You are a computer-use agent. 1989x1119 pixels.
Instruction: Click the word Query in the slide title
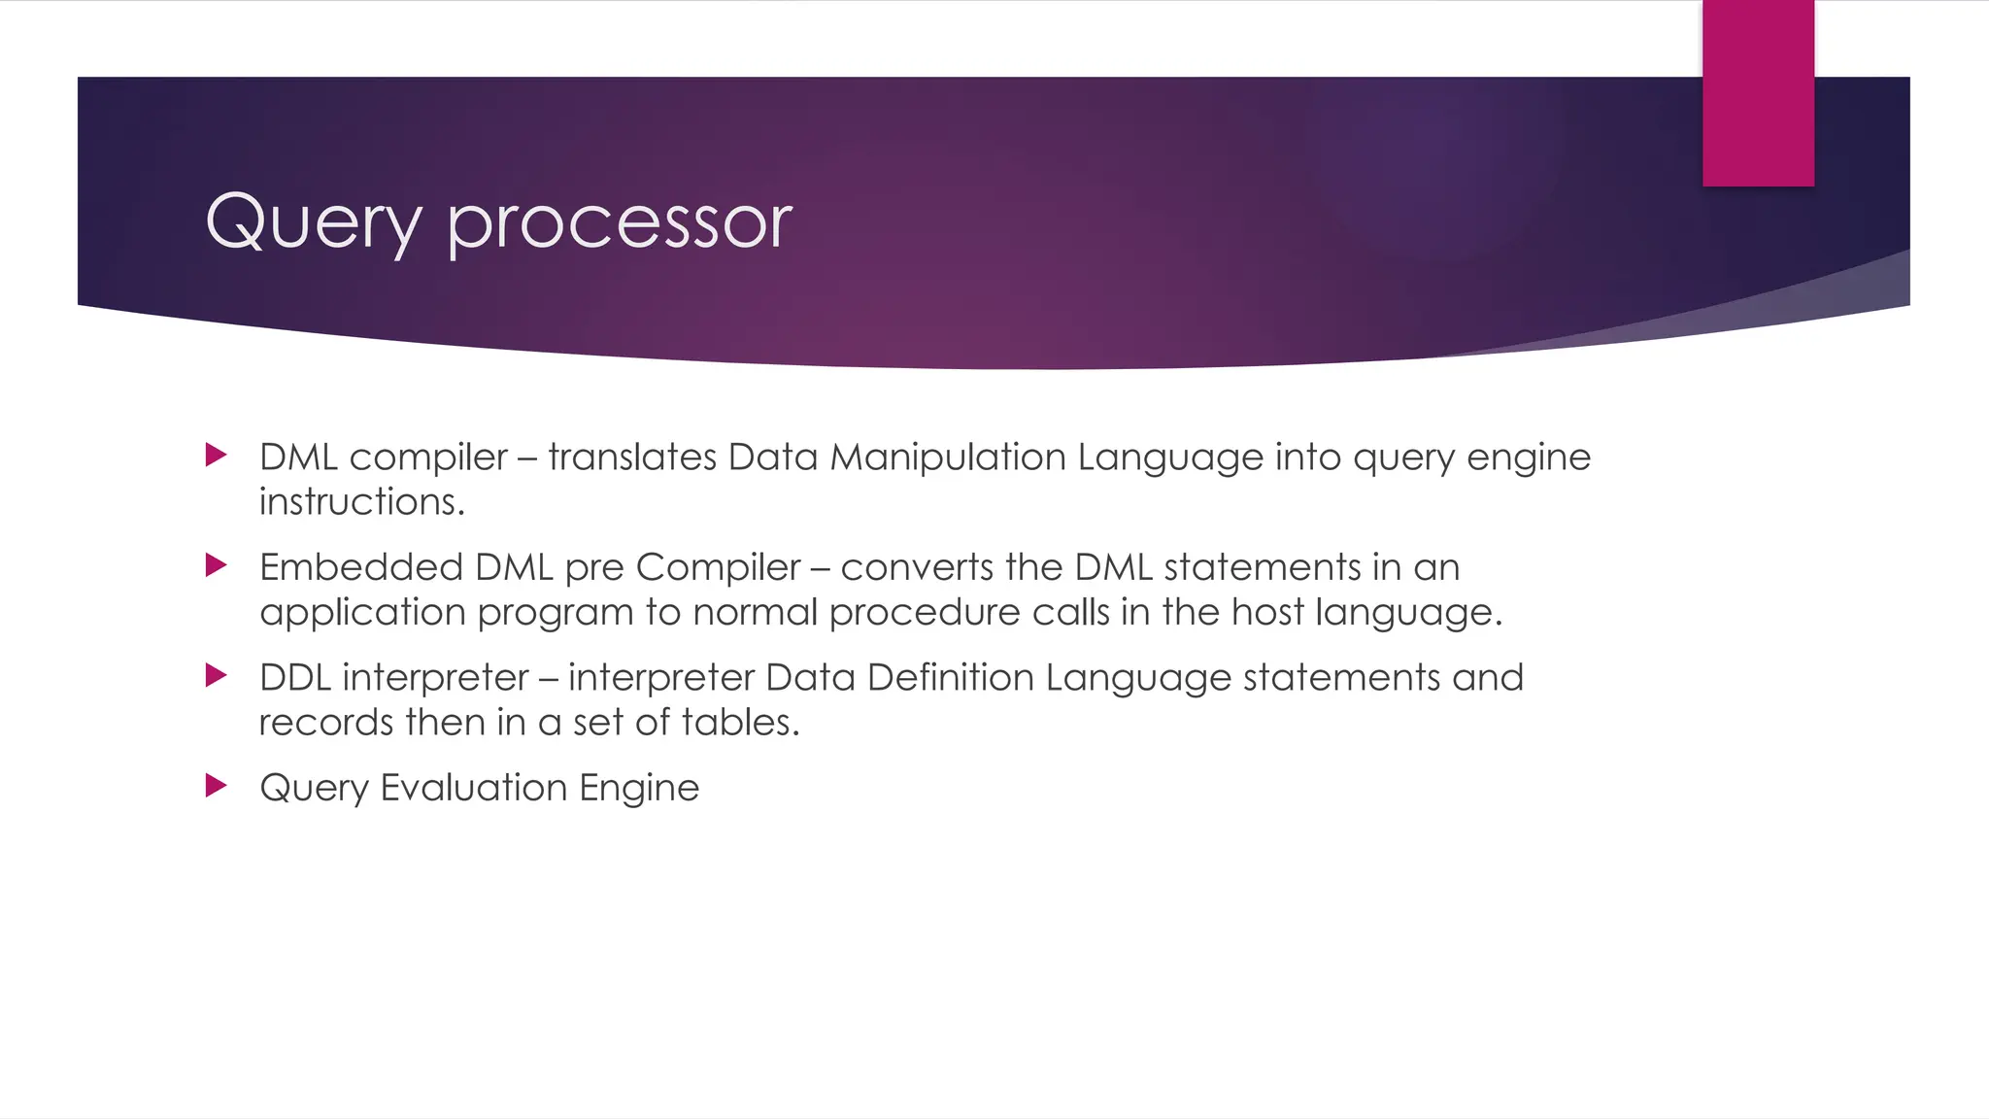[313, 223]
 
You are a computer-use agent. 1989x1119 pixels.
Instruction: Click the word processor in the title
[620, 223]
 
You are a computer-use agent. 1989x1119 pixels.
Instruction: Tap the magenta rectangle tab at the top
[1758, 93]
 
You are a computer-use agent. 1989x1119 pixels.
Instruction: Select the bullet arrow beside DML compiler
[217, 455]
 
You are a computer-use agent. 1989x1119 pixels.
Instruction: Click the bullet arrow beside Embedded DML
[217, 565]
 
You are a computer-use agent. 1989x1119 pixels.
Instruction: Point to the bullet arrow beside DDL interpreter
[217, 675]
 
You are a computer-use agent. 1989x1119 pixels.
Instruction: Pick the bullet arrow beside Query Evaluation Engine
[217, 785]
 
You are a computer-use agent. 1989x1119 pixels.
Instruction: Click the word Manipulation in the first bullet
[948, 457]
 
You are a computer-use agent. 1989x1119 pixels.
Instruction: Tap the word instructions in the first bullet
[362, 502]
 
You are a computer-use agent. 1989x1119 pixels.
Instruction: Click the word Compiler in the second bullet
[718, 566]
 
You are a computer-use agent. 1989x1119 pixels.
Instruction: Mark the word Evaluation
[473, 787]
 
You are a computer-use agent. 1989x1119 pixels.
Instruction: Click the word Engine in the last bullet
[639, 788]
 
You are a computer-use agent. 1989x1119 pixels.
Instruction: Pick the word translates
[632, 457]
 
